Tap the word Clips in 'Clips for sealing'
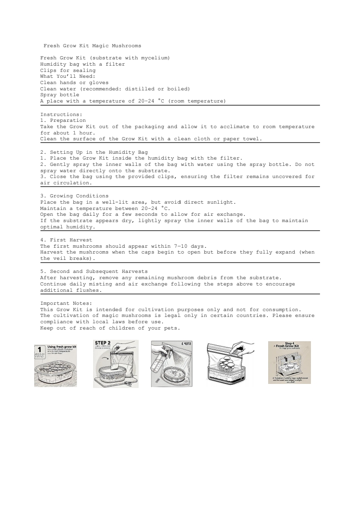[49, 70]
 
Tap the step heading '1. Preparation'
[63, 120]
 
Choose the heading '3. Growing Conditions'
[74, 196]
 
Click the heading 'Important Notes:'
[66, 303]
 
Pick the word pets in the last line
[166, 328]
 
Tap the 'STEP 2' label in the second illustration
[103, 343]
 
